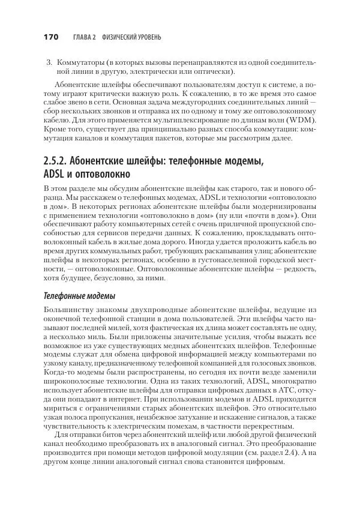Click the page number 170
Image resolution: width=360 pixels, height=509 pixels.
(50, 38)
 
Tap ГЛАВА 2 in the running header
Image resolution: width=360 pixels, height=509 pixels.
(85, 38)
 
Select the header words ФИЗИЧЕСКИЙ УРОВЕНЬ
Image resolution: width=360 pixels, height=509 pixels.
(132, 38)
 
